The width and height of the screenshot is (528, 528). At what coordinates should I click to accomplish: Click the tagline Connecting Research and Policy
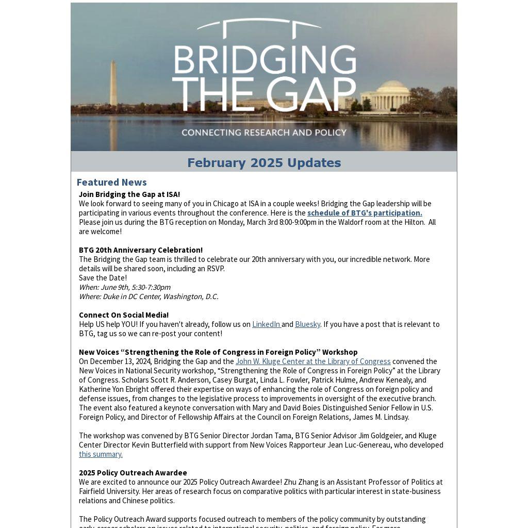tap(264, 133)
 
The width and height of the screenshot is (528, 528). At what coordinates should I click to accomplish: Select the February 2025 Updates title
tap(264, 163)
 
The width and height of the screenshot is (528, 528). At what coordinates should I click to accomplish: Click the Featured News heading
tap(111, 182)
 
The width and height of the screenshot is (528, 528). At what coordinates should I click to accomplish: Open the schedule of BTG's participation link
tap(365, 213)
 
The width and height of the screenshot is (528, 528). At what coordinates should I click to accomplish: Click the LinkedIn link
tap(266, 324)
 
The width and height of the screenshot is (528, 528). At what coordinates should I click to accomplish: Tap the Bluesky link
tap(307, 324)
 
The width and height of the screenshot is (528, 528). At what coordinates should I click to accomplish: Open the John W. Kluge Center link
tap(313, 361)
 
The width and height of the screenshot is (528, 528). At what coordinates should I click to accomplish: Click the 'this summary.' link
tap(101, 454)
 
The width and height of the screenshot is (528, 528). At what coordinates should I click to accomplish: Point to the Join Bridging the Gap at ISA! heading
tap(129, 194)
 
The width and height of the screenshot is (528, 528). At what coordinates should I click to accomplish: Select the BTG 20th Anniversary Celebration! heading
tap(141, 250)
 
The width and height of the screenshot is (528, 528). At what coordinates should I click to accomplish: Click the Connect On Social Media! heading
tap(124, 315)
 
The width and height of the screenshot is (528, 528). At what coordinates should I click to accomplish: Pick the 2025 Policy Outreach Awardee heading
tap(133, 473)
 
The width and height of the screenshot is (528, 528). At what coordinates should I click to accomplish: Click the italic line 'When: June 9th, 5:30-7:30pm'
tap(125, 287)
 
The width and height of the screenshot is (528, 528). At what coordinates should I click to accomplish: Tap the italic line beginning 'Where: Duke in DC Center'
tap(148, 296)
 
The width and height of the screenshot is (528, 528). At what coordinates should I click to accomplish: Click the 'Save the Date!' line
tap(103, 278)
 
